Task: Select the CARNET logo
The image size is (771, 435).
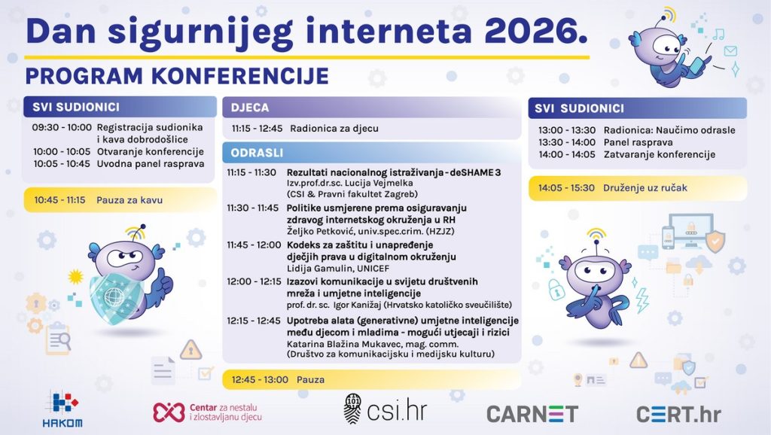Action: click(532, 414)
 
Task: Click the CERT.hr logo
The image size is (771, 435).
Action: click(678, 414)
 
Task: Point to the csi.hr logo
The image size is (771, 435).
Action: click(385, 409)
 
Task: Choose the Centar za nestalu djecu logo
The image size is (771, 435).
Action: click(208, 412)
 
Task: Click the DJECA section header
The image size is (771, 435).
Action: click(250, 108)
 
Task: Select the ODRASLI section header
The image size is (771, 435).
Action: click(257, 153)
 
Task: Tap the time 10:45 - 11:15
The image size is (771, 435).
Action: click(59, 200)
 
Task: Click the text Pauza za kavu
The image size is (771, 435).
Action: click(130, 200)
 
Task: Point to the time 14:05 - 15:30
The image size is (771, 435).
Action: click(566, 187)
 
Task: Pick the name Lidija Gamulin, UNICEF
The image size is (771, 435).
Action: click(338, 269)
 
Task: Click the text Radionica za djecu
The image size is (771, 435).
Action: click(334, 129)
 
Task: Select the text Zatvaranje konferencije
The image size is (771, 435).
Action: click(660, 154)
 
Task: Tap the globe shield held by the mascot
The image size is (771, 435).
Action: click(116, 296)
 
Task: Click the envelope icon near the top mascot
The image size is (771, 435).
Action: click(730, 50)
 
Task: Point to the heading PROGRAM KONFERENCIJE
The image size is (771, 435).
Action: click(177, 76)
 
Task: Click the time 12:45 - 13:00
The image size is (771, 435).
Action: click(260, 379)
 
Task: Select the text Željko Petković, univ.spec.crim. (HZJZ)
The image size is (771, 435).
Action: click(370, 231)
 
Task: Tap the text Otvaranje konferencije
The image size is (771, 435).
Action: click(150, 152)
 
